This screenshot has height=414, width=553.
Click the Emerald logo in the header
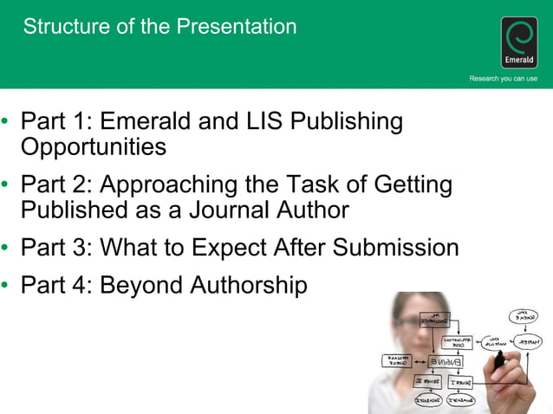519,42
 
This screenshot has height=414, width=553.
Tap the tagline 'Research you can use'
503,79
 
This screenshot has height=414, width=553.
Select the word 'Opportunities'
93,146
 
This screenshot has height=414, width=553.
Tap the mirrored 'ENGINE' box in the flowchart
444,360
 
